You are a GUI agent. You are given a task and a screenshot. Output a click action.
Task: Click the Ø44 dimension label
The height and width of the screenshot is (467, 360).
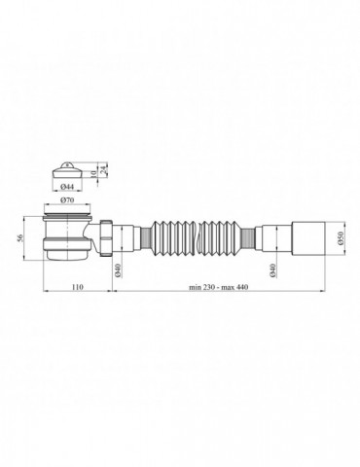click(66, 187)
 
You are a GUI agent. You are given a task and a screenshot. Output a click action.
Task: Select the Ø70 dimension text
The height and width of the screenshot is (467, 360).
click(67, 200)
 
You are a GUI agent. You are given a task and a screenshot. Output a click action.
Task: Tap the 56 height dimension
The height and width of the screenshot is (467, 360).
click(20, 237)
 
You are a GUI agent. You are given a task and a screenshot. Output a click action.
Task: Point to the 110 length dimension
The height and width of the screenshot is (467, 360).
click(78, 287)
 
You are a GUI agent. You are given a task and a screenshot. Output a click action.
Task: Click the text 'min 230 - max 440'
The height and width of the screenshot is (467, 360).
click(219, 287)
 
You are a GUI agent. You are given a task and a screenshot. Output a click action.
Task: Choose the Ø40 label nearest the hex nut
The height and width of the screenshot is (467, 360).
click(118, 270)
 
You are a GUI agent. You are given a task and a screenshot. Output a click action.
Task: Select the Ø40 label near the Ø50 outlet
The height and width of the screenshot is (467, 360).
click(272, 270)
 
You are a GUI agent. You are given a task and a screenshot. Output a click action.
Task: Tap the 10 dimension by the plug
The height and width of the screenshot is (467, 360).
click(93, 174)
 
